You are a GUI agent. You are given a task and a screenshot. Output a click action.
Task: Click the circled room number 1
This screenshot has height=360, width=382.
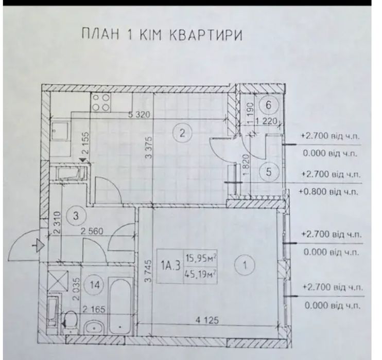pos(245,265)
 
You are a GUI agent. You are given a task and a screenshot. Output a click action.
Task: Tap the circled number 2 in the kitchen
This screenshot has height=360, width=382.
pos(182,133)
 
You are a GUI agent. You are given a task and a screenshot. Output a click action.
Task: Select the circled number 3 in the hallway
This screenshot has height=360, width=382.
pos(76,215)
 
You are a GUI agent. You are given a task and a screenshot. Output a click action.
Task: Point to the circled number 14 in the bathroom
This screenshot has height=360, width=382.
pos(95,285)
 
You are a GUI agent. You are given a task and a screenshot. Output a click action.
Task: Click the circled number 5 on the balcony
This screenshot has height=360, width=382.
pos(268,172)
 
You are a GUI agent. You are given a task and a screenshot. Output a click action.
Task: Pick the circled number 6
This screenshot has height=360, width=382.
pos(268,105)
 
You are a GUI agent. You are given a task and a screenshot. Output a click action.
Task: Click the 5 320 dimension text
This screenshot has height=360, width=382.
pos(139,114)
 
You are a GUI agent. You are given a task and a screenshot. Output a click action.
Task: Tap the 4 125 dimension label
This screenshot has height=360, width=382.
pos(207,320)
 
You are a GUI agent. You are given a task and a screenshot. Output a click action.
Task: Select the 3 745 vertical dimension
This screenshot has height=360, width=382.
pos(148,271)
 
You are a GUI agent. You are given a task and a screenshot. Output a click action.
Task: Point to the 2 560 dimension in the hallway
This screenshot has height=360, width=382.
pos(92,231)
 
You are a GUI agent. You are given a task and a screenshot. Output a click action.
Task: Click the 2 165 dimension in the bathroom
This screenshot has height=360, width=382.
pos(94,310)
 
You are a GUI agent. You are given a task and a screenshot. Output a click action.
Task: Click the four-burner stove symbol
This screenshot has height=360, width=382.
pos(101,102)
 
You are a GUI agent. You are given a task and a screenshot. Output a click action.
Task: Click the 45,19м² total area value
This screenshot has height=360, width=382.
pos(200,274)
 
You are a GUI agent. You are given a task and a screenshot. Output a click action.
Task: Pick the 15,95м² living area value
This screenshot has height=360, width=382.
pos(201,258)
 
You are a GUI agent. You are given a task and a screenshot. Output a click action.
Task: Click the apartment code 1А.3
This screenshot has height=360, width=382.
pos(170,265)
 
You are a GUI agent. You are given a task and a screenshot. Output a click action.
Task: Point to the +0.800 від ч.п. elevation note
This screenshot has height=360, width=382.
pos(328,192)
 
